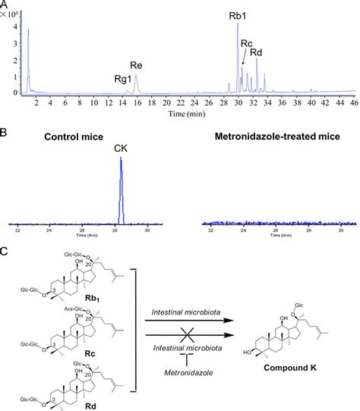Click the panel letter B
tap(5, 131)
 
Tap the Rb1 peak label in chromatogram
tap(238, 14)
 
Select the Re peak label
tap(136, 66)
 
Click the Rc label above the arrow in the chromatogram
tap(246, 43)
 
